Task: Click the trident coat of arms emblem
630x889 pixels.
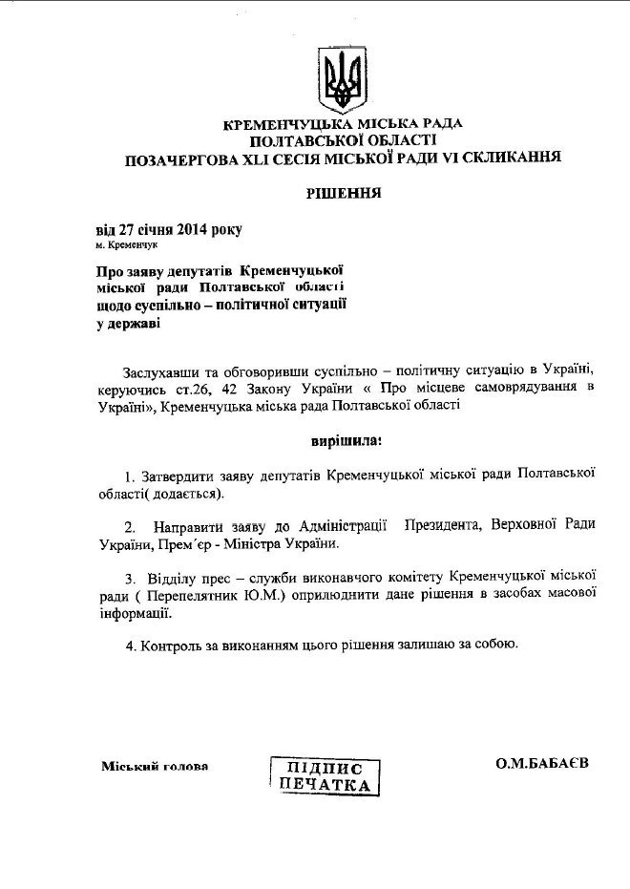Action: click(x=342, y=78)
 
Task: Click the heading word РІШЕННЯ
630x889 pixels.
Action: click(x=344, y=192)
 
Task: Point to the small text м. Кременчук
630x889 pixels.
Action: click(x=127, y=245)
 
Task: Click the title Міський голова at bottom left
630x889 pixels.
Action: click(x=154, y=766)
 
